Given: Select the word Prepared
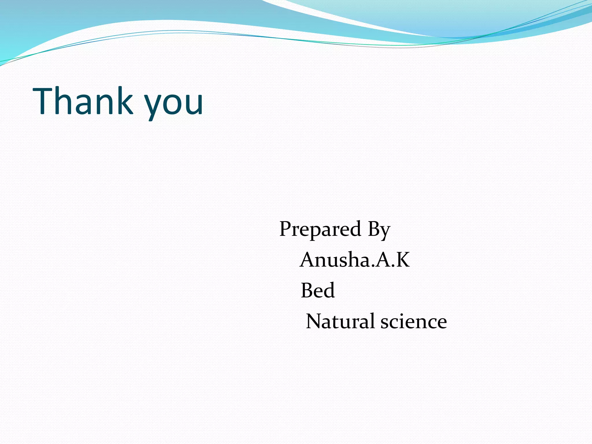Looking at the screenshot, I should [x=320, y=229].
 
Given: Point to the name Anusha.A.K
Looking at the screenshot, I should [x=355, y=259].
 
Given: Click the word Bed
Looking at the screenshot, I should [x=318, y=290].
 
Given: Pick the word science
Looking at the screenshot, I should [x=414, y=321].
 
